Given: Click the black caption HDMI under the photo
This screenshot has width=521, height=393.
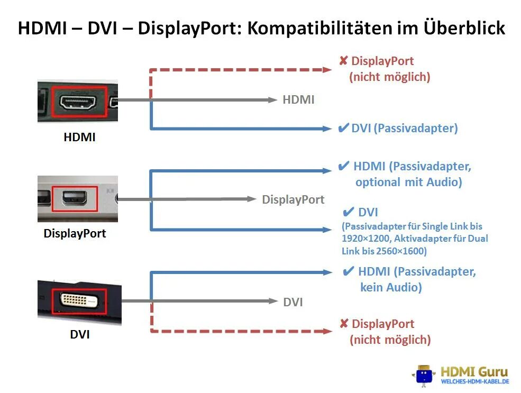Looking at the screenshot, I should tap(79, 137).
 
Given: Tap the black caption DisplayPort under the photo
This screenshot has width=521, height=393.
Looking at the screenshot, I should tap(75, 233).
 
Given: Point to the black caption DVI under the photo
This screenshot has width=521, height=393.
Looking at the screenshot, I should tap(80, 334).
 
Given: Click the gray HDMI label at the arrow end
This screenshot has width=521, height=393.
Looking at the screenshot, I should tap(298, 99).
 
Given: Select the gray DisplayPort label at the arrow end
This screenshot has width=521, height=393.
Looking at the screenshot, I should tap(293, 199).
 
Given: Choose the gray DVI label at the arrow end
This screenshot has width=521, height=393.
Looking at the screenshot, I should tap(293, 302).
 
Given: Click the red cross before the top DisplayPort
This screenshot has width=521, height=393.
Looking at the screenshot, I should tap(343, 61).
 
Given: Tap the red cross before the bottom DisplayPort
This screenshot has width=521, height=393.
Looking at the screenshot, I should tap(344, 324).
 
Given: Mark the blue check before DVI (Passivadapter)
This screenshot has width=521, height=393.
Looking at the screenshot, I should tap(343, 128).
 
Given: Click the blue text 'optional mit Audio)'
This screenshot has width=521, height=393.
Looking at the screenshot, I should tap(408, 182).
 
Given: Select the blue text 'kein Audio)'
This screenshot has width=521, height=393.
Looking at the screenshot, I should tap(391, 288).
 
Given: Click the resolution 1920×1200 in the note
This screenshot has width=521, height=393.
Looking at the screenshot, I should tap(365, 239).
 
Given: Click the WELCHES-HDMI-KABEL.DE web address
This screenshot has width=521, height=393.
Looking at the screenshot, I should tap(474, 381).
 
